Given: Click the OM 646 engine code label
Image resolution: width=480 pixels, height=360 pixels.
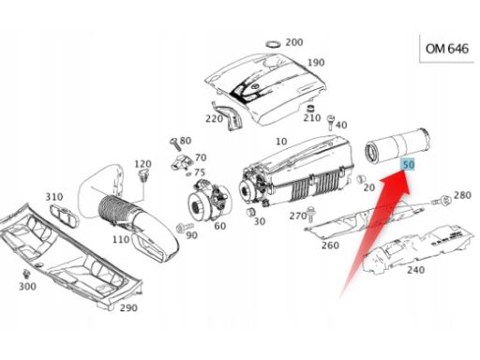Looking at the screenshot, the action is coord(447,49).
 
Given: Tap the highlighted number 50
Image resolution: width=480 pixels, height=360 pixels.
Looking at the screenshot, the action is coord(408,164).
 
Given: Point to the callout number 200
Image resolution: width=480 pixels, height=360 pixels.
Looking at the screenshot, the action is coord(294,42).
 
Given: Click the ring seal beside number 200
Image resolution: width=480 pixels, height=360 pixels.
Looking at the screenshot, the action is coord(274,44).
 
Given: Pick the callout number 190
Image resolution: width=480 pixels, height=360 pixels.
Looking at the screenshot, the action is coord(316,63).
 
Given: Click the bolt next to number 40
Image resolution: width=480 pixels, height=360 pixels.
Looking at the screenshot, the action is coord(330,122).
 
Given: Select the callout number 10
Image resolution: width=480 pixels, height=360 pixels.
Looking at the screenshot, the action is coord(281,142).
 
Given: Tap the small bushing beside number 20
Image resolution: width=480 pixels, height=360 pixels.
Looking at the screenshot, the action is coord(360,179).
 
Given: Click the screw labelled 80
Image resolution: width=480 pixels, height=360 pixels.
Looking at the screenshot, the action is coord(174,143).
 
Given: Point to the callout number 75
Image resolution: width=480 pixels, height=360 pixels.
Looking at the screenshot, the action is coord(200,172).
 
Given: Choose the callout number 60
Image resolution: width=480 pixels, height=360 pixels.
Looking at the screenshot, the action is coord(220,226).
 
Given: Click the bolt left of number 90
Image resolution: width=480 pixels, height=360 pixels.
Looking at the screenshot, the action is coord(181,229).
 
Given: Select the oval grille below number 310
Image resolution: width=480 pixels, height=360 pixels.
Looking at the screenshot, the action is coord(65,216).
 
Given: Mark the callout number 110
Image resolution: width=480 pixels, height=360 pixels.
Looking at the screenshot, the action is coord(121,239).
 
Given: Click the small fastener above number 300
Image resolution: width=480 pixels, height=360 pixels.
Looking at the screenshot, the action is coord(26,274).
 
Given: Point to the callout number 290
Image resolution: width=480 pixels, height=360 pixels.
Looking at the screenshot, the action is coord(128,307).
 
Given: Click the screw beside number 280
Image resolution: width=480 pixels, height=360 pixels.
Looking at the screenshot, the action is coord(442,200).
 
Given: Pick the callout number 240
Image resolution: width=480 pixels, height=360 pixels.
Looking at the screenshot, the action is coord(415,269).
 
